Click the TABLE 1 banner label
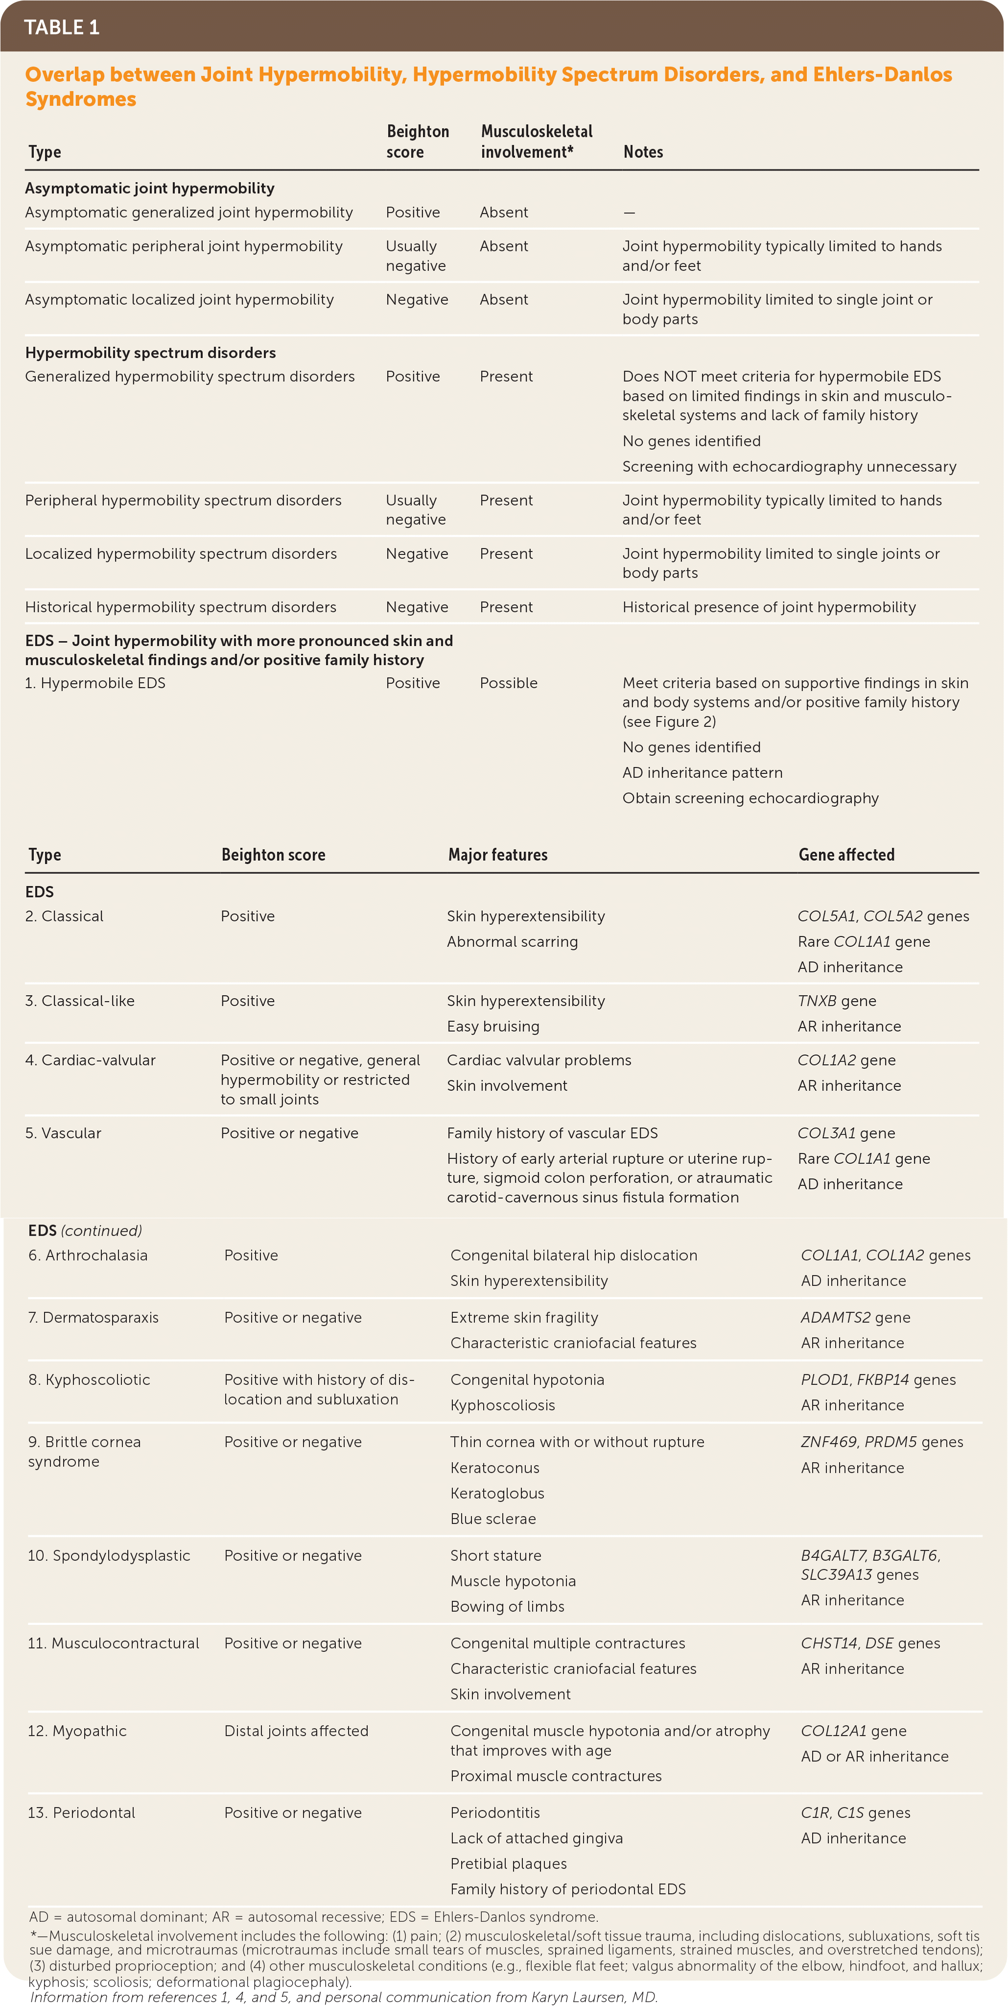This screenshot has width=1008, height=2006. pyautogui.click(x=62, y=27)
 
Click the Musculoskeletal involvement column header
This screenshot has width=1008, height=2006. pyautogui.click(x=536, y=141)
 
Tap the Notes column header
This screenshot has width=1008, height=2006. pyautogui.click(x=643, y=152)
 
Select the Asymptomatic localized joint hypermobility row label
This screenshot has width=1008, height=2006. pyautogui.click(x=179, y=300)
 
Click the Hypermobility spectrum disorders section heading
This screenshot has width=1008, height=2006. pyautogui.click(x=150, y=353)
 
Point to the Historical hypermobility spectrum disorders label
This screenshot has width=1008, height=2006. pyautogui.click(x=181, y=607)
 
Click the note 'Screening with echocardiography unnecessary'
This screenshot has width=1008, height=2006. pyautogui.click(x=789, y=466)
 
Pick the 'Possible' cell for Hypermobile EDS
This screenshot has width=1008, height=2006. pyautogui.click(x=508, y=683)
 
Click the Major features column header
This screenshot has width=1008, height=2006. pyautogui.click(x=497, y=854)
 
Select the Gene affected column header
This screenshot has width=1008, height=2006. pyautogui.click(x=846, y=854)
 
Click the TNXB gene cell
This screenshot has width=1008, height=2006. pyautogui.click(x=837, y=1001)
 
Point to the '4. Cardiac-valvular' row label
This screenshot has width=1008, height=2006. pyautogui.click(x=90, y=1060)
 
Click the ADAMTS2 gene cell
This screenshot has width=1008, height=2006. pyautogui.click(x=855, y=1318)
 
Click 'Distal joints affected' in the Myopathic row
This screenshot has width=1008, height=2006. pyautogui.click(x=296, y=1731)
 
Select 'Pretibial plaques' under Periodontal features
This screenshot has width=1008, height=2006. pyautogui.click(x=508, y=1863)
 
